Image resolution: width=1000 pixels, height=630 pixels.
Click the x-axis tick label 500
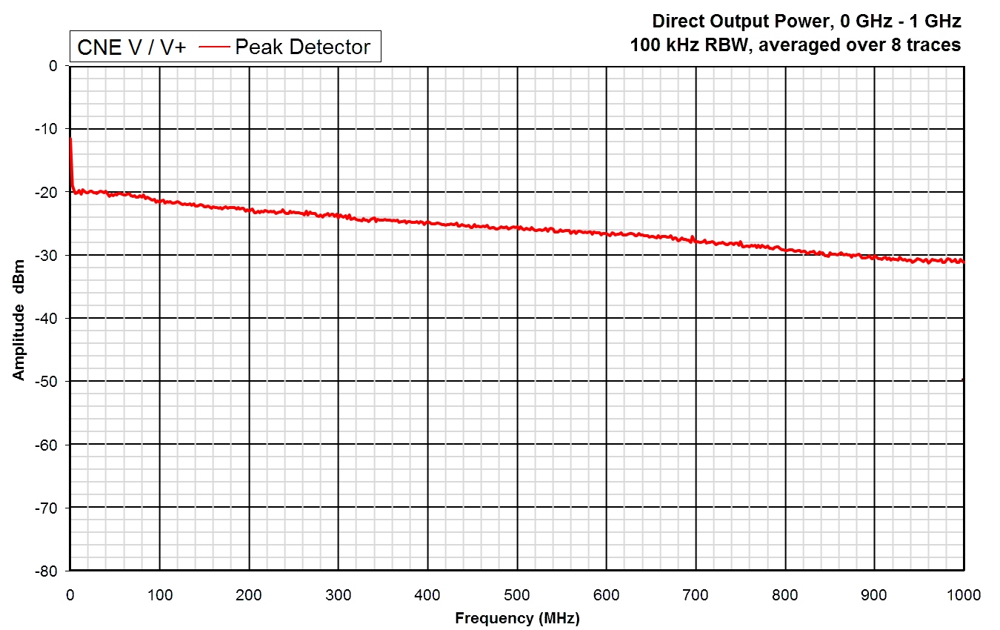coord(517,594)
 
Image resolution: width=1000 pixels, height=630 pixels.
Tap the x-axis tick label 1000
coord(963,594)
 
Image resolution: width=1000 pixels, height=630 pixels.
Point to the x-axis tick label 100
coord(159,594)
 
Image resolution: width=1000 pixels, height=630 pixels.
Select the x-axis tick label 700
coord(696,594)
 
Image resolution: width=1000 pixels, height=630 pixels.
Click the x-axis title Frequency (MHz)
coord(517,617)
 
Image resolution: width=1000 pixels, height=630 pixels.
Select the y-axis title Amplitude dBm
coord(19,319)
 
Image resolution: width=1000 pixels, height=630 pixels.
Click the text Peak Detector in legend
coord(302,47)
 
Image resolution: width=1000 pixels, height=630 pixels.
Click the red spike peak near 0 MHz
coord(70,139)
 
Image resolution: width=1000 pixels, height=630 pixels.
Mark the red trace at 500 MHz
coord(517,227)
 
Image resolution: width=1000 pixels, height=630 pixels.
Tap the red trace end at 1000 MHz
coord(963,261)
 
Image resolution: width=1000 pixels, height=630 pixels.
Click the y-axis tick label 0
coord(53,66)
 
